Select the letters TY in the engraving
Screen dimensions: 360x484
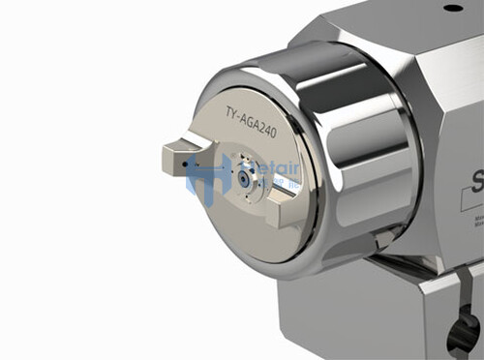(x=231, y=112)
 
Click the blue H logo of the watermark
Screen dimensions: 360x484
(x=208, y=179)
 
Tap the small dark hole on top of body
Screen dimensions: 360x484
(x=453, y=9)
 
